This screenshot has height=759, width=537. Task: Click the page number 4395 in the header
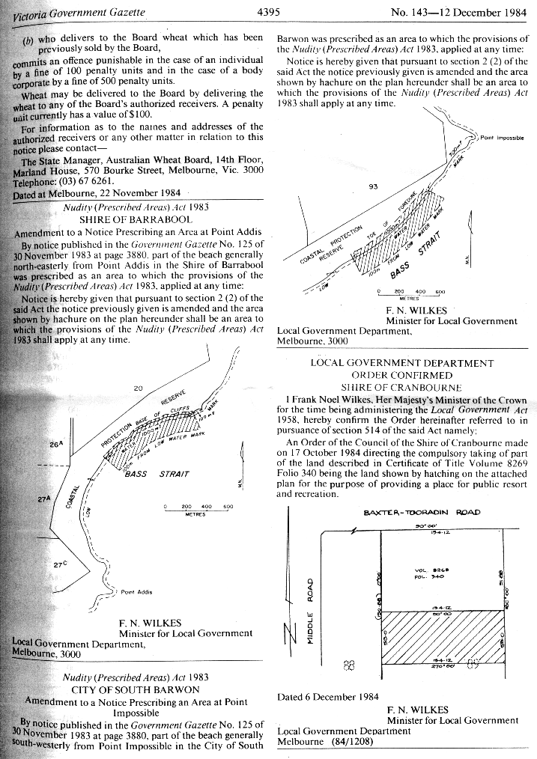pyautogui.click(x=268, y=12)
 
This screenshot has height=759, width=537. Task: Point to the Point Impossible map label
pyautogui.click(x=502, y=137)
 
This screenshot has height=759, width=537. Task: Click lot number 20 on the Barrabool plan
pyautogui.click(x=138, y=388)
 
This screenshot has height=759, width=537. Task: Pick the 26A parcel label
pyautogui.click(x=55, y=444)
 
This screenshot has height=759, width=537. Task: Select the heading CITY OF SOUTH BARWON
pyautogui.click(x=135, y=689)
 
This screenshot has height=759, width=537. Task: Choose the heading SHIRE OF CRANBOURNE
pyautogui.click(x=403, y=387)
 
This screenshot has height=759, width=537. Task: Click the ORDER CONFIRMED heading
pyautogui.click(x=402, y=375)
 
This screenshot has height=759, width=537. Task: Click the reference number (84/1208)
pyautogui.click(x=347, y=742)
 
